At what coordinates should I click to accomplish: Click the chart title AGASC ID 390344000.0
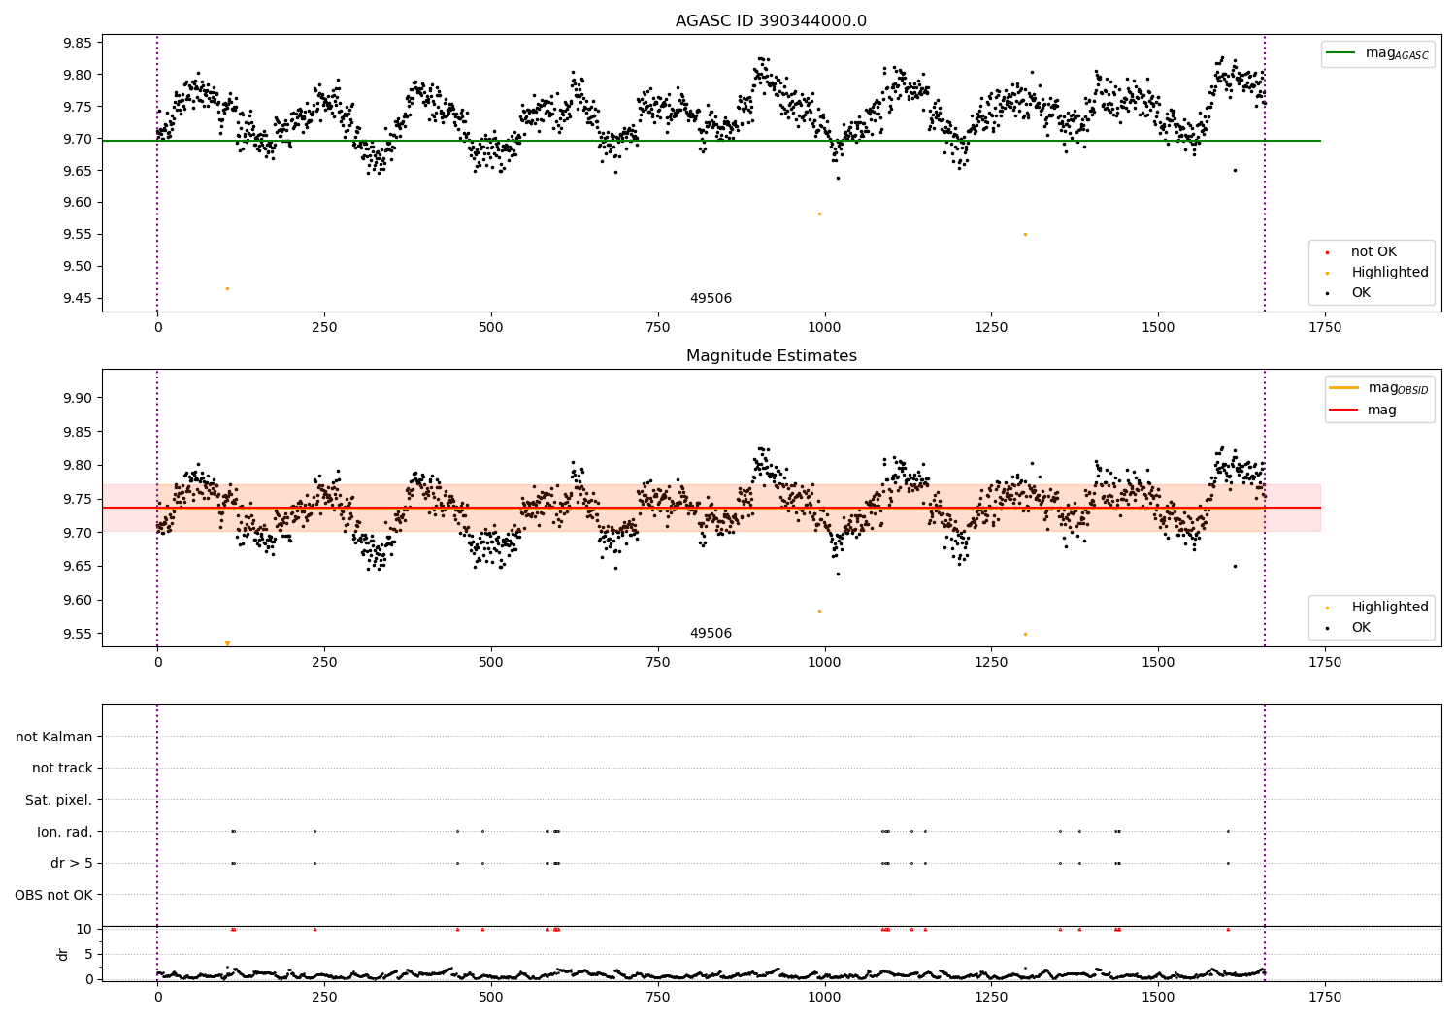[771, 21]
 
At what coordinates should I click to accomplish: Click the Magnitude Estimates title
[771, 356]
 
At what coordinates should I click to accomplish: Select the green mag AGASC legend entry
[1377, 53]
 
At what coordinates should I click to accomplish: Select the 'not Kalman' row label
[54, 737]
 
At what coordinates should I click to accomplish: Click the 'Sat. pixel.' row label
[59, 800]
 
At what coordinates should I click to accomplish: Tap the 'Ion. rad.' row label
[65, 832]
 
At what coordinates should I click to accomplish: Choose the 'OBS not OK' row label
[54, 895]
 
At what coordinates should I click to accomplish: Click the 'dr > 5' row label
[72, 863]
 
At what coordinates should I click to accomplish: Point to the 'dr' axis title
[63, 954]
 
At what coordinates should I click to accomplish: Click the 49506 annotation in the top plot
[711, 299]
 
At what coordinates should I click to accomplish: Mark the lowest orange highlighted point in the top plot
[227, 288]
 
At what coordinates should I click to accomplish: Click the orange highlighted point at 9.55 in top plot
[1025, 234]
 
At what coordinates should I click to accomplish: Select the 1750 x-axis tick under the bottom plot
[1325, 997]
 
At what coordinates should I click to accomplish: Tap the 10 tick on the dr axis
[84, 929]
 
